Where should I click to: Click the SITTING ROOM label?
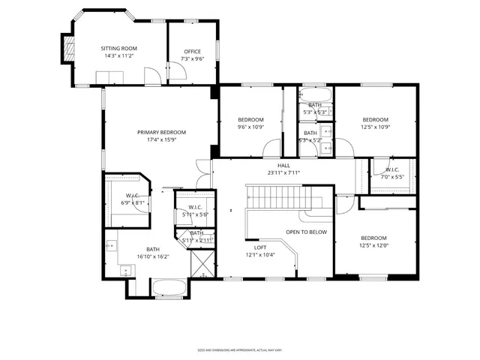(x=119, y=48)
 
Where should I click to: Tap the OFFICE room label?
(x=192, y=52)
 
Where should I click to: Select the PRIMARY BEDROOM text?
(x=161, y=132)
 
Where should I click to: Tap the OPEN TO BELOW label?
(x=307, y=232)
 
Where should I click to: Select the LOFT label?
(x=260, y=247)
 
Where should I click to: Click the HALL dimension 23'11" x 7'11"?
(x=283, y=172)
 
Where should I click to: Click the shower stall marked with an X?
(x=202, y=264)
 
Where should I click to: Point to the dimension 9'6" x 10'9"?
(x=250, y=127)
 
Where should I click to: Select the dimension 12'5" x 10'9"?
(x=376, y=127)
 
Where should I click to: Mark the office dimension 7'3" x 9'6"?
(x=192, y=59)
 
